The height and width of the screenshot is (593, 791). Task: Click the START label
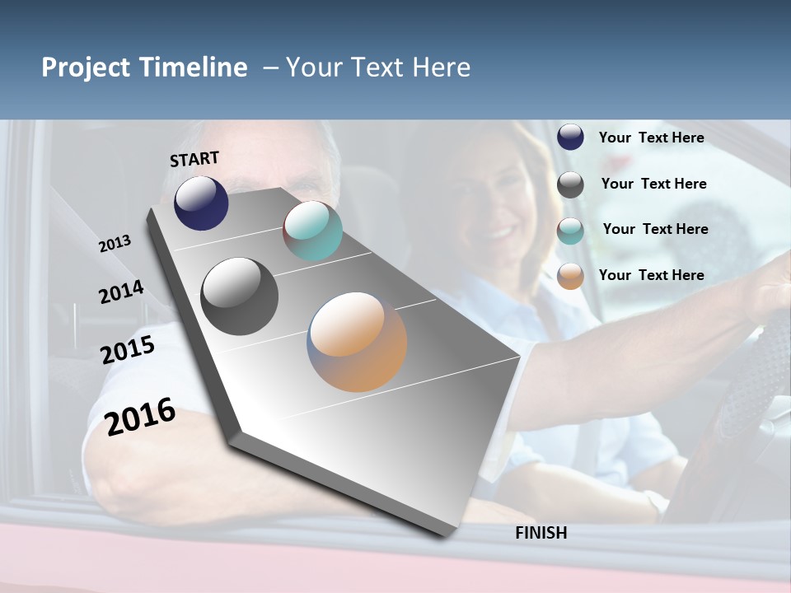tap(194, 159)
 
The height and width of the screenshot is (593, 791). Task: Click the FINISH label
tap(541, 533)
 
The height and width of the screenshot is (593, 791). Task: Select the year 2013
tap(115, 244)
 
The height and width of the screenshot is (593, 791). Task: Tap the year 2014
tap(121, 292)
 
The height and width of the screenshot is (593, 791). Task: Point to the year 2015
tap(128, 350)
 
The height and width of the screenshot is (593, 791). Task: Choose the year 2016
tap(140, 416)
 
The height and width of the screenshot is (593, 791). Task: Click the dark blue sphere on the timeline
tap(201, 203)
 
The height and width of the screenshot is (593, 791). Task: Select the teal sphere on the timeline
tap(312, 231)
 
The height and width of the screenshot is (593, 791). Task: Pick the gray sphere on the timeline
tap(239, 296)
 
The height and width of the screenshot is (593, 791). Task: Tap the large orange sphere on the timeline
tap(357, 342)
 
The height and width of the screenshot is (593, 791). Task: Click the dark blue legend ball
tap(570, 137)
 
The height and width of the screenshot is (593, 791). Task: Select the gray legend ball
tap(570, 184)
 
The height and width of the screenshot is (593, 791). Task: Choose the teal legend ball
tap(570, 231)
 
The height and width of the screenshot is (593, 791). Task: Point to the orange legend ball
tap(570, 276)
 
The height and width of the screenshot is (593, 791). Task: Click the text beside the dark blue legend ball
tap(651, 138)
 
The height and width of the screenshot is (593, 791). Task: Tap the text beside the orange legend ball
tap(651, 275)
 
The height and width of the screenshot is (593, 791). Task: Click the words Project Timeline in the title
tap(144, 68)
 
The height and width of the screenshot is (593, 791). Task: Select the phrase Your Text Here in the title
tap(378, 68)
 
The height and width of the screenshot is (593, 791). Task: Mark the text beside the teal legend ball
tap(655, 229)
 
